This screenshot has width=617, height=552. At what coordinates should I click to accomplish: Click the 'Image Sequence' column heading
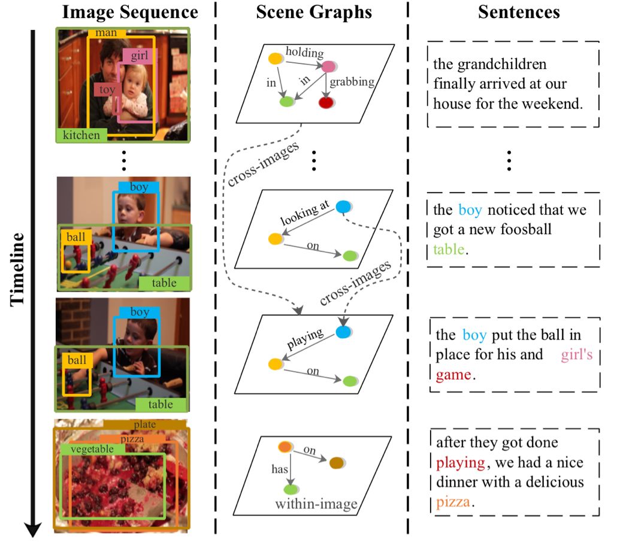point(131,12)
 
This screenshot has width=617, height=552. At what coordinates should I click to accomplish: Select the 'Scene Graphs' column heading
point(314,12)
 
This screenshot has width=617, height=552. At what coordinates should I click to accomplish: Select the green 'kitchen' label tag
point(81,135)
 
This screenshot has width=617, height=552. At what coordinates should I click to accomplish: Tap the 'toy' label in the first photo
point(106,90)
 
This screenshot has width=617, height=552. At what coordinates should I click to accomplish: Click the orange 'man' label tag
point(105,34)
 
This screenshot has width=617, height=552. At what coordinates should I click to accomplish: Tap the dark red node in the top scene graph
point(325,103)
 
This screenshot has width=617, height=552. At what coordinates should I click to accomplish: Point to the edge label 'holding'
point(304,53)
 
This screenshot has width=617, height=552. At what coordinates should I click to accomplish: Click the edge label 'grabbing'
point(352,82)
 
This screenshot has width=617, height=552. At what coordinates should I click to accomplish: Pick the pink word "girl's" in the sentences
point(576,355)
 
